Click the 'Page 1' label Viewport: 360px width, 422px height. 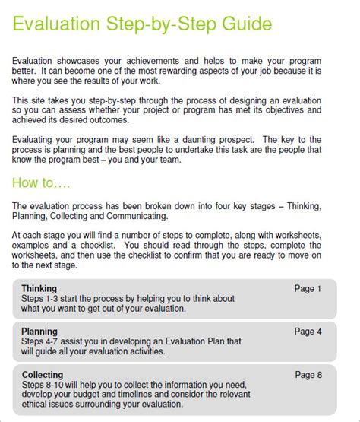pyautogui.click(x=308, y=289)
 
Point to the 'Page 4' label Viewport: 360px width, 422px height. pyautogui.click(x=308, y=332)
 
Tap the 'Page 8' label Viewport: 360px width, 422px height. pyautogui.click(x=308, y=376)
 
